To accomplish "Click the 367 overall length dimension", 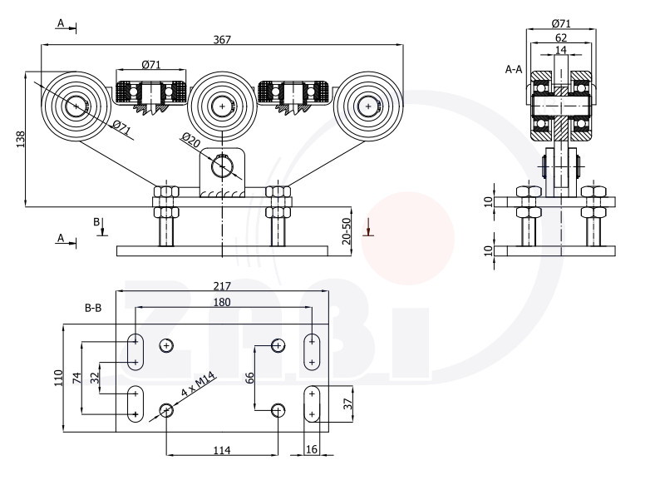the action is pos(222,39).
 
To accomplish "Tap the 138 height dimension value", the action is pos(20,139).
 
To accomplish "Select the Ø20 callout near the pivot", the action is pos(190,140).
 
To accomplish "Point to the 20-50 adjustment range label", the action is pos(347,231).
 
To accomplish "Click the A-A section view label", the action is pos(513,69).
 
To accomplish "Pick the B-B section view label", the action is pos(93,308).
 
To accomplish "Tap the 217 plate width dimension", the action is pos(222,286).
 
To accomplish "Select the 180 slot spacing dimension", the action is pos(222,302).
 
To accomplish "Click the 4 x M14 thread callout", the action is pos(198,384).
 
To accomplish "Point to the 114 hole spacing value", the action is pos(222,450).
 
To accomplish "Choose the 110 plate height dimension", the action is pos(58,378).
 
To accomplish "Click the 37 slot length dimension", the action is pos(347,403).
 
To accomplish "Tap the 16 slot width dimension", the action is pos(311,449).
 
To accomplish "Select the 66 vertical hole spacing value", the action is pos(250,378).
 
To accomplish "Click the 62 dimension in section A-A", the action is pos(560,37).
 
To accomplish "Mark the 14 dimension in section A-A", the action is pos(560,50).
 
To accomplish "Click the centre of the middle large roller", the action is pos(222,106).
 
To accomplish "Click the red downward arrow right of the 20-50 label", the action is pos(368,227).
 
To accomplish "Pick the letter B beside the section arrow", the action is pos(96,221).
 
